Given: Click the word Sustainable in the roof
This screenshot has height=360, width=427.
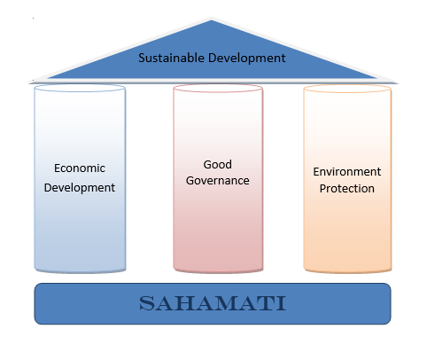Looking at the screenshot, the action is [171, 58].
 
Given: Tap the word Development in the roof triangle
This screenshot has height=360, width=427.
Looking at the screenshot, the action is [247, 59].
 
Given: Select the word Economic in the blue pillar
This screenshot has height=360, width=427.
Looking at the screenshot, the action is [80, 168].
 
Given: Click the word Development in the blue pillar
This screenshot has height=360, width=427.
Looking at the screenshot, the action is [80, 188].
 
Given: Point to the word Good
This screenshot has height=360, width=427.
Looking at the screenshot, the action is [218, 164].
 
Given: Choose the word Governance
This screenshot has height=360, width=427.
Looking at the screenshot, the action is [218, 180].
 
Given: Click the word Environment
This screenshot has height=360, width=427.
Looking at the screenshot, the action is [347, 172].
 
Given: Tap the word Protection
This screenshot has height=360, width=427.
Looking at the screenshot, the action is [347, 188].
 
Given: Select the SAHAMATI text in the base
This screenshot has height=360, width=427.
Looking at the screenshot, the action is [213, 303].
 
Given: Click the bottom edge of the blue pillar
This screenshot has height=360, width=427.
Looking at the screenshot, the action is [80, 271].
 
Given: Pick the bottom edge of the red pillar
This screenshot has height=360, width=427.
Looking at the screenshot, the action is [218, 271].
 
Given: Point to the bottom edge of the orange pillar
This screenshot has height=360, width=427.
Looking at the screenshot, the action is [347, 271].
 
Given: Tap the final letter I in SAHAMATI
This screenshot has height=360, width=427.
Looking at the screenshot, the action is [282, 303].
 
